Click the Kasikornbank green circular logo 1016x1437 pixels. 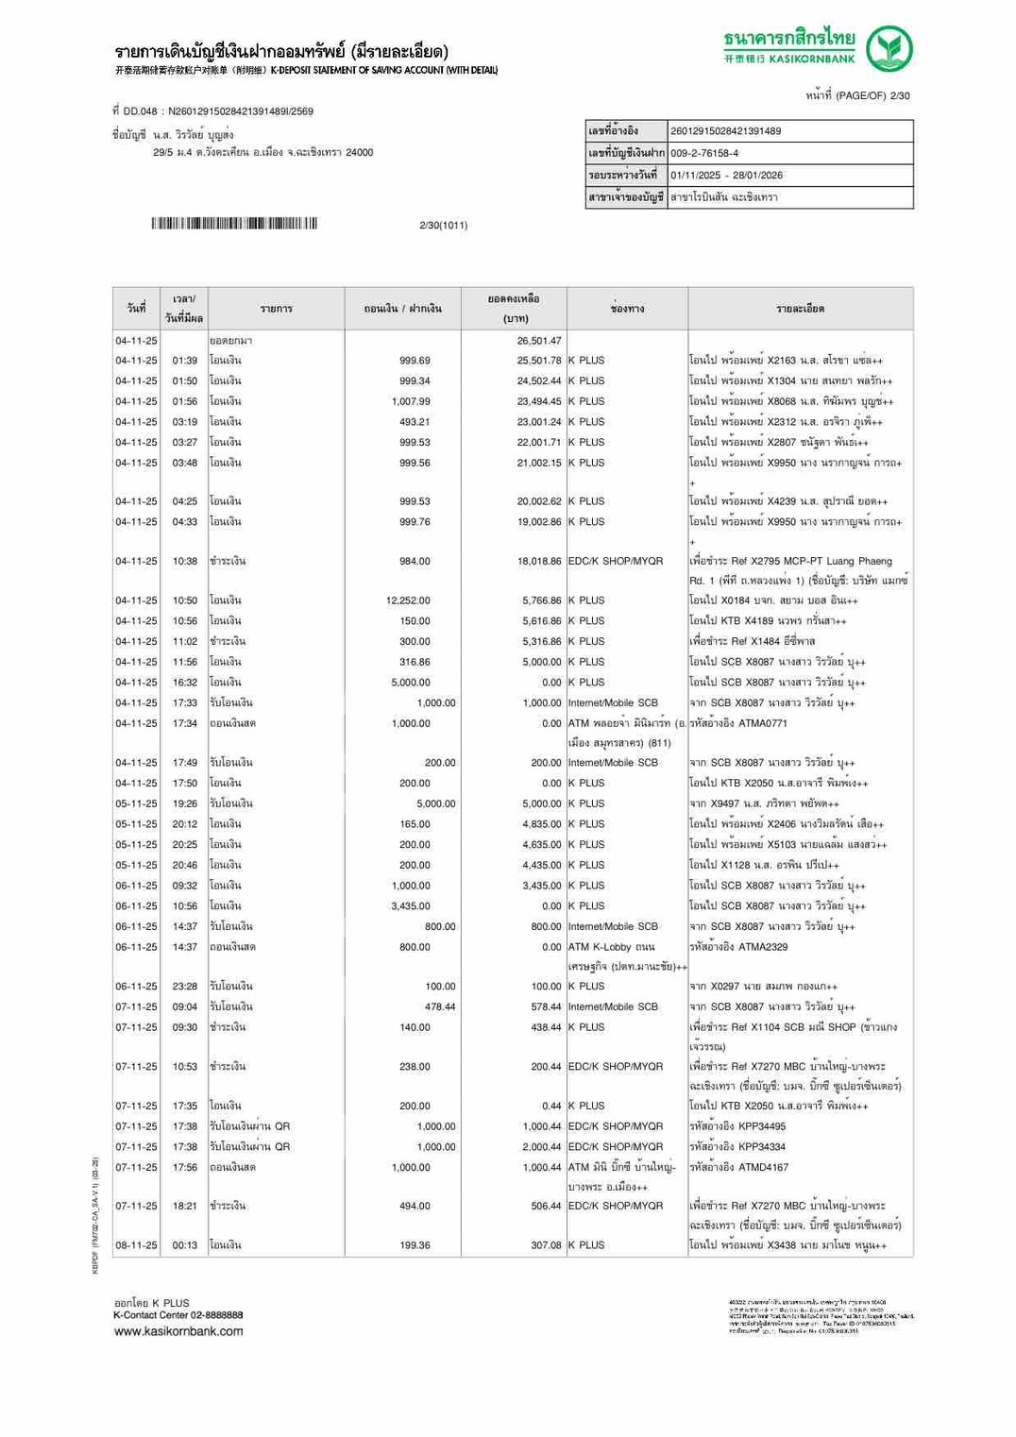[x=889, y=49]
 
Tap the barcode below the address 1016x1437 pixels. [x=234, y=224]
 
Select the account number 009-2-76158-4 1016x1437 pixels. [x=704, y=153]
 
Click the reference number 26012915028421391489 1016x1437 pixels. [x=725, y=131]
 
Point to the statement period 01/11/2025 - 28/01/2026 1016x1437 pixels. [x=726, y=176]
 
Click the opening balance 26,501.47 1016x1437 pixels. [x=538, y=341]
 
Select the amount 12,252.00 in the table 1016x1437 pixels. [x=408, y=600]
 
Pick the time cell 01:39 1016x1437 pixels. [x=184, y=361]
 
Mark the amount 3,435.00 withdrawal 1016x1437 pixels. [x=411, y=906]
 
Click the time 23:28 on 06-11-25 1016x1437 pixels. [x=184, y=987]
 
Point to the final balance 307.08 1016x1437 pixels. [x=546, y=1245]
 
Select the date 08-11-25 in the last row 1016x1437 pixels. [x=136, y=1245]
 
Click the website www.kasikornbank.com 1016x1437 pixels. [x=178, y=1331]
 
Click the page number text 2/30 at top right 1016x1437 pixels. [x=899, y=95]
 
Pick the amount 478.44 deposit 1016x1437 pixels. [x=439, y=1007]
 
